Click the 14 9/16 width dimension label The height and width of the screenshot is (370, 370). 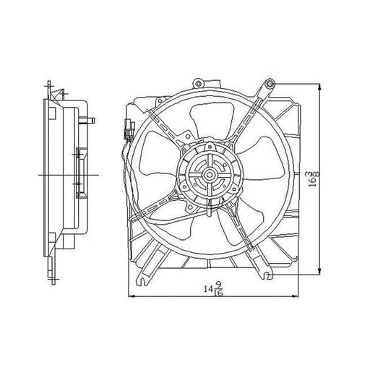[214, 288]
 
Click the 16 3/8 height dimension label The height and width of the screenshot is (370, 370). [313, 179]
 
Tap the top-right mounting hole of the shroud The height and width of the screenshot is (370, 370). [270, 84]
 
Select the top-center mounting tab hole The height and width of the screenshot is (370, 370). [198, 84]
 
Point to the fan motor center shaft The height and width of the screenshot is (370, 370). [208, 174]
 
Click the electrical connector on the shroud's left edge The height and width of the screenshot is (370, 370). [129, 130]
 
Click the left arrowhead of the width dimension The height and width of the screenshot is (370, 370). [132, 296]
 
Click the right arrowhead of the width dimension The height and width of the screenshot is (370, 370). [296, 296]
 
